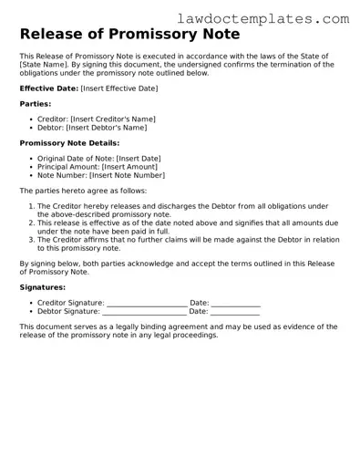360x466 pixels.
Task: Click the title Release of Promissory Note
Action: pos(130,35)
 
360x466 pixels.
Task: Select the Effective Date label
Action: pos(48,88)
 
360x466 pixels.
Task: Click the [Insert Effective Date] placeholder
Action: pos(118,88)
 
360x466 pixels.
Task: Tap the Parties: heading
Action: pos(36,104)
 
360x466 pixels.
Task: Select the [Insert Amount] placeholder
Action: pos(135,167)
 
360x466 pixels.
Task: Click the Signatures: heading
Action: pos(42,286)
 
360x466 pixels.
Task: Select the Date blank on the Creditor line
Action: pos(235,303)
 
